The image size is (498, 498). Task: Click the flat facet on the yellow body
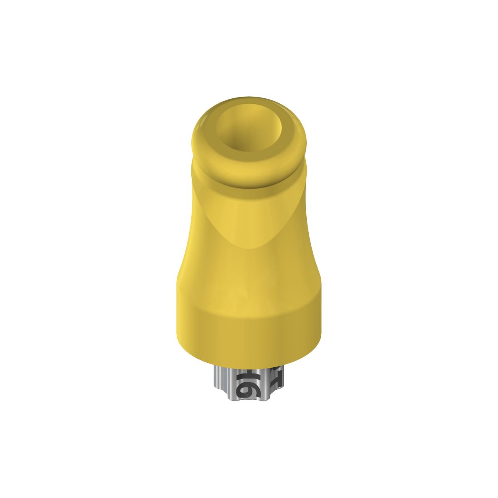(249, 216)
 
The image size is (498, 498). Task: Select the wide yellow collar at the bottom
(249, 328)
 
